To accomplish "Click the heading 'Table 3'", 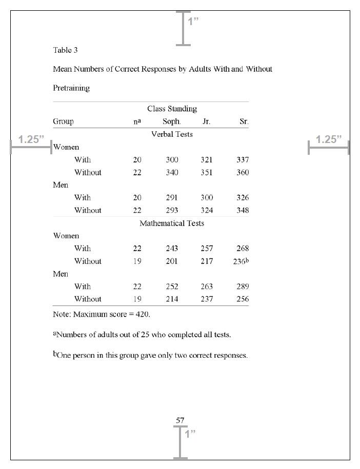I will click(65, 50).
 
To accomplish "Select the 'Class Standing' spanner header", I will click(172, 109).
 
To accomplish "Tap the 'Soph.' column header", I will click(172, 121).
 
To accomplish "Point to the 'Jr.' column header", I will click(206, 121).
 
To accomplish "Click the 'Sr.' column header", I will click(244, 121).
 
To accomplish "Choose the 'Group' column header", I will click(63, 121).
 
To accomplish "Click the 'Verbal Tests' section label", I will click(172, 134).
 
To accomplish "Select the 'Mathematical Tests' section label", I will click(172, 223).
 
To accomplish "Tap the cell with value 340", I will click(172, 172).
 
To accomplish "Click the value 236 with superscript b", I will click(241, 261).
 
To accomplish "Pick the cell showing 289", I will click(243, 287).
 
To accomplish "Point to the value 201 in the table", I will click(172, 261).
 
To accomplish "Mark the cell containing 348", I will click(243, 210).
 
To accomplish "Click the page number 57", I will click(180, 420).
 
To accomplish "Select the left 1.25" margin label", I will click(31, 139).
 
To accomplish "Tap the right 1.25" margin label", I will click(329, 139).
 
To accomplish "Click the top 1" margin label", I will click(193, 21).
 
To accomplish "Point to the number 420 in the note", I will click(142, 314).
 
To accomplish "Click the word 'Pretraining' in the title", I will click(71, 88).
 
